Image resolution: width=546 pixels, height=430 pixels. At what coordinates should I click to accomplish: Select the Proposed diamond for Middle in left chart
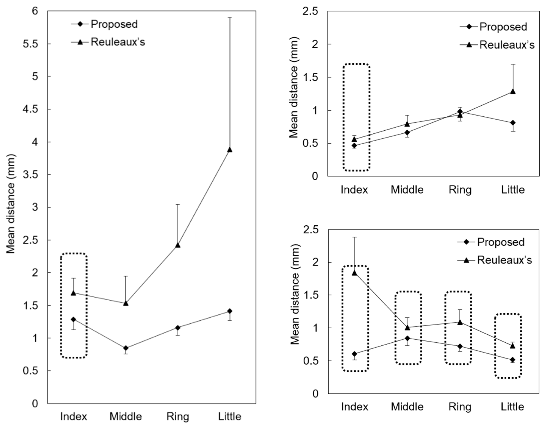(x=126, y=348)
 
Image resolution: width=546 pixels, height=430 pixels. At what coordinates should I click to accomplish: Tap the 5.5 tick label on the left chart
(x=30, y=44)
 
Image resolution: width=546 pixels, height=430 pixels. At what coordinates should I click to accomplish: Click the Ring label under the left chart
(x=178, y=416)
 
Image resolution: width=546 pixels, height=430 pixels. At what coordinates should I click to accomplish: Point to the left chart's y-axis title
(x=11, y=204)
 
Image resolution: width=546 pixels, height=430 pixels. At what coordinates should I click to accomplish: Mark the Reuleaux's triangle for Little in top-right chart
(x=513, y=91)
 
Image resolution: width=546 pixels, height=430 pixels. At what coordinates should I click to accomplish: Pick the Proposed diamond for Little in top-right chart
(x=513, y=123)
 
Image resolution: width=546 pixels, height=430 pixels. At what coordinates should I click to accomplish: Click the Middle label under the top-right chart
(x=407, y=190)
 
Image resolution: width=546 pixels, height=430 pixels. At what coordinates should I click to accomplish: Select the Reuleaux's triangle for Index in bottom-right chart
(x=354, y=273)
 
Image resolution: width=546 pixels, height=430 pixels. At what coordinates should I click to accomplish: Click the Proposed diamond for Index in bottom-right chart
(x=354, y=354)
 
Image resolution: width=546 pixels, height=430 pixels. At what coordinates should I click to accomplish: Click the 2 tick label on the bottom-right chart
(x=316, y=263)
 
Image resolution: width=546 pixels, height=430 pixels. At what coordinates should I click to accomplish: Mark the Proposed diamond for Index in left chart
(x=74, y=319)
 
